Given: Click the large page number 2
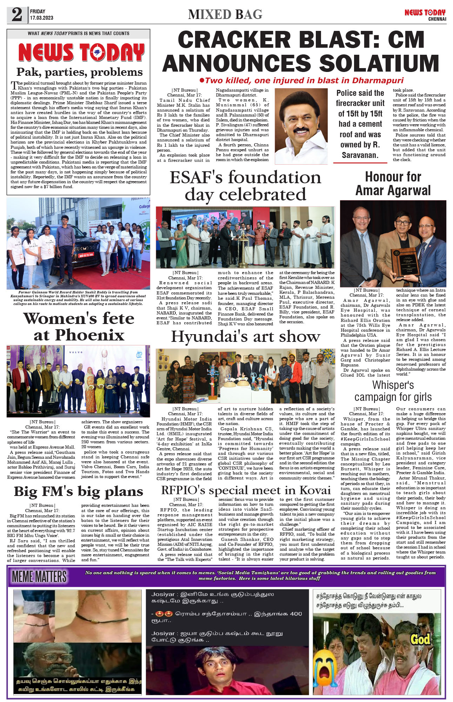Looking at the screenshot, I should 17,15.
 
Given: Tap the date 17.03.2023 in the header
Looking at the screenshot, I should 41,18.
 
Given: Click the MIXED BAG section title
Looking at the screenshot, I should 225,14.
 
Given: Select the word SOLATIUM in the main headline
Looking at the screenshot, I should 379,64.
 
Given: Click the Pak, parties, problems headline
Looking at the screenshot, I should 79,72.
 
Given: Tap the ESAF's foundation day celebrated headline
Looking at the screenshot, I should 245,186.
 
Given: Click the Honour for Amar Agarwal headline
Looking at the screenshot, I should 393,184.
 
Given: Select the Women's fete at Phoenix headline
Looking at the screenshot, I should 79,327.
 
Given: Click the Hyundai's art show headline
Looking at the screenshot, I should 245,337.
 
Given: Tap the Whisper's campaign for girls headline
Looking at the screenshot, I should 393,391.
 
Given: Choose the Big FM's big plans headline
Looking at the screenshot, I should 79,492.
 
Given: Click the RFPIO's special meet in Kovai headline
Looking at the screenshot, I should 246,490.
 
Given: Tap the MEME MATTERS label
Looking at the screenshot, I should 39,577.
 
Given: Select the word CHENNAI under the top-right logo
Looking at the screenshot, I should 437,19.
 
